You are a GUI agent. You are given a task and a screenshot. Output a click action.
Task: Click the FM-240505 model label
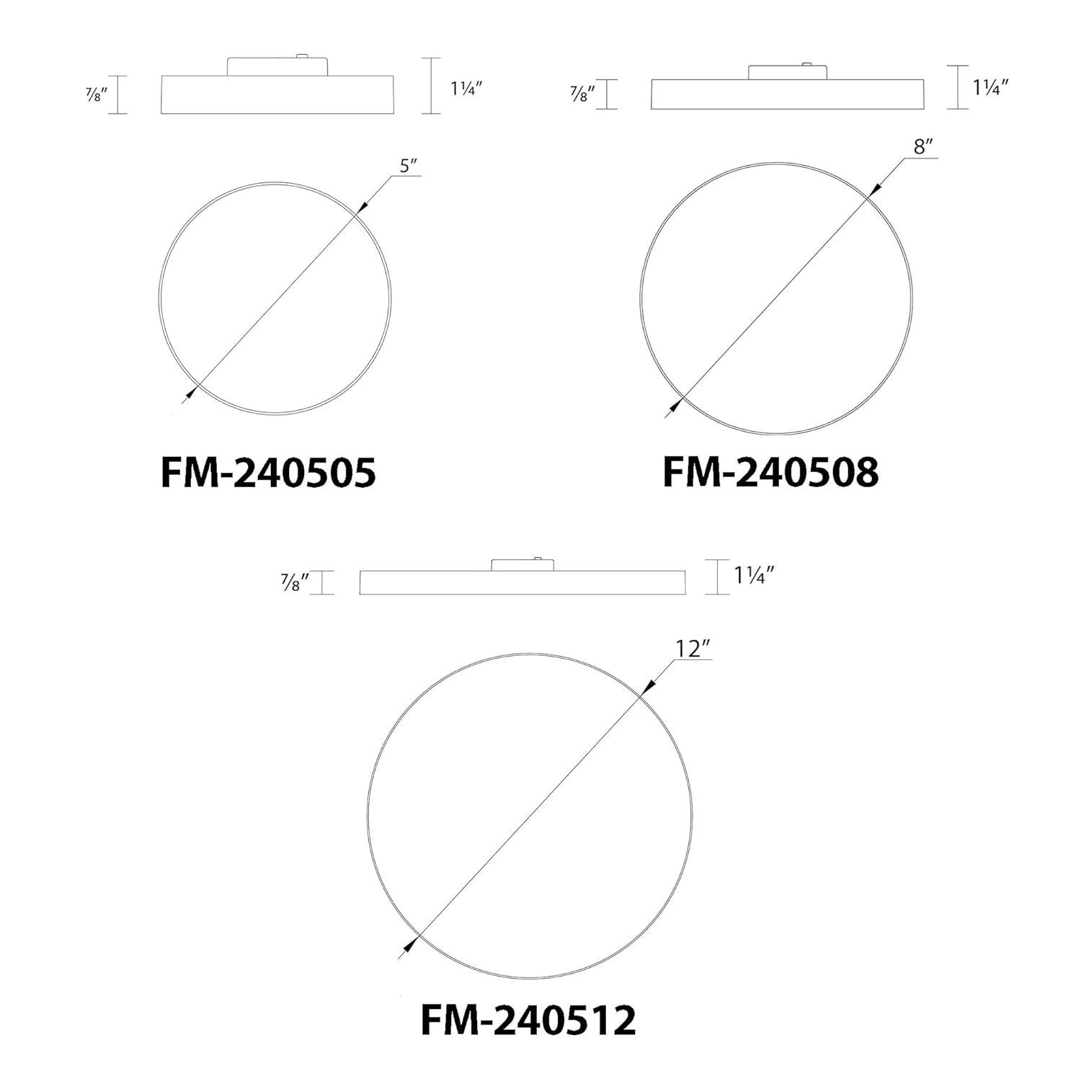point(268,473)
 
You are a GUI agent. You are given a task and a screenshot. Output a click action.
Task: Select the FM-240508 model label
point(770,473)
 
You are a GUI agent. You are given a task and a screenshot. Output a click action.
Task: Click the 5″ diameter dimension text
point(409,166)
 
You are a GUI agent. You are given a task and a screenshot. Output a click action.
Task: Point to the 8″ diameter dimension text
point(924,147)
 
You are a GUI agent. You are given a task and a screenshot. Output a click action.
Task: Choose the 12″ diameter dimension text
point(688,649)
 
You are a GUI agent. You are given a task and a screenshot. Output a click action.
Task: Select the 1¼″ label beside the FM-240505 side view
point(466,90)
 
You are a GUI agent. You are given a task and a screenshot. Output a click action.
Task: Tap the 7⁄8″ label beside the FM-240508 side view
point(579,94)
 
